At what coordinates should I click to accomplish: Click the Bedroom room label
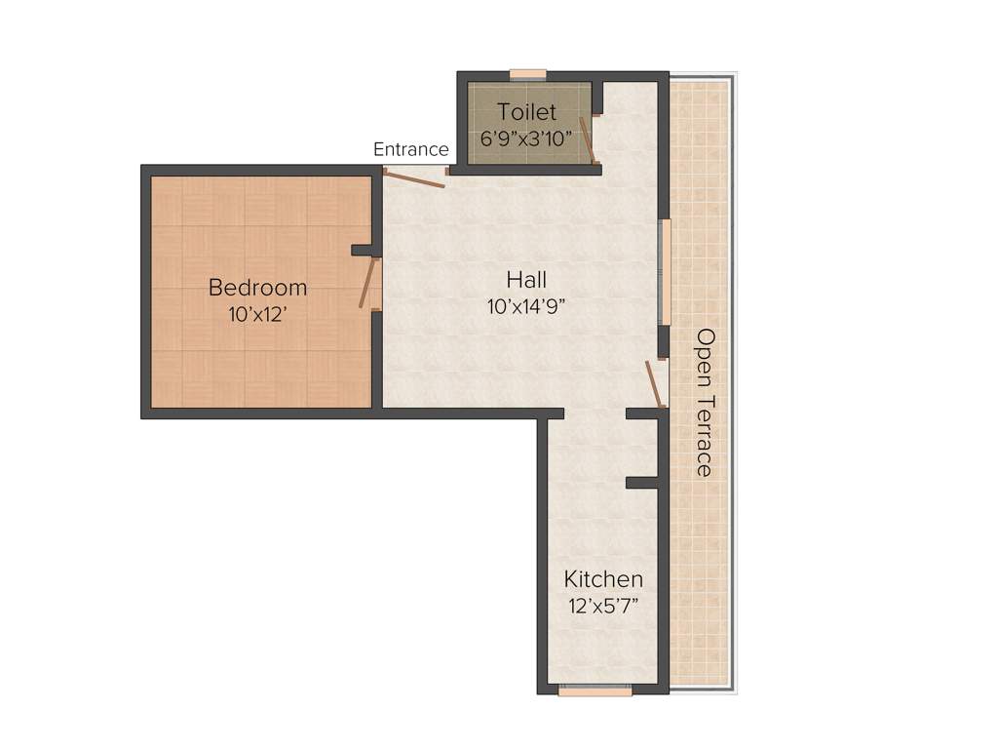(x=257, y=288)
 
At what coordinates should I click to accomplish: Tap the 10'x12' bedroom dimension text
(x=257, y=314)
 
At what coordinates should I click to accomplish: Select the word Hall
(x=525, y=281)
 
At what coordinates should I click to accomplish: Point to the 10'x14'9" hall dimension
(x=526, y=306)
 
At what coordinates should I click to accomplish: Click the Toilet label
(x=526, y=112)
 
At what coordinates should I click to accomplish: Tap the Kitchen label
(x=603, y=579)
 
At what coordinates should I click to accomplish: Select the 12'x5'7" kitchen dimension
(x=604, y=606)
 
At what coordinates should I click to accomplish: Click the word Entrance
(x=411, y=149)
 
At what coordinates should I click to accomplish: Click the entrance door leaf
(x=413, y=177)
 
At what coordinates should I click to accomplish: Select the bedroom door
(x=367, y=284)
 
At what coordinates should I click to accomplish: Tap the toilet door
(x=588, y=140)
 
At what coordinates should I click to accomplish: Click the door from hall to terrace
(x=655, y=384)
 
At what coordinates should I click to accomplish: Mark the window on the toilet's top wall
(x=528, y=74)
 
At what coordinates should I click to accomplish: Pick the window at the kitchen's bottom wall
(x=595, y=691)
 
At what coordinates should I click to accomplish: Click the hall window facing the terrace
(x=666, y=271)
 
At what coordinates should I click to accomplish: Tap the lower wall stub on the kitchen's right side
(x=644, y=483)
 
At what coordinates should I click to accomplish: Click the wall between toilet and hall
(x=527, y=170)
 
